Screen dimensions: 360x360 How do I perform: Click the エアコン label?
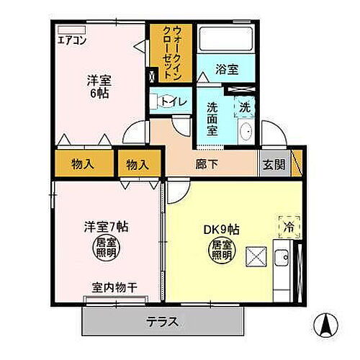72,40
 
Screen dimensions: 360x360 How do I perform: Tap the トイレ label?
174,102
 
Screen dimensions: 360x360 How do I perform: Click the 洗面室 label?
213,118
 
